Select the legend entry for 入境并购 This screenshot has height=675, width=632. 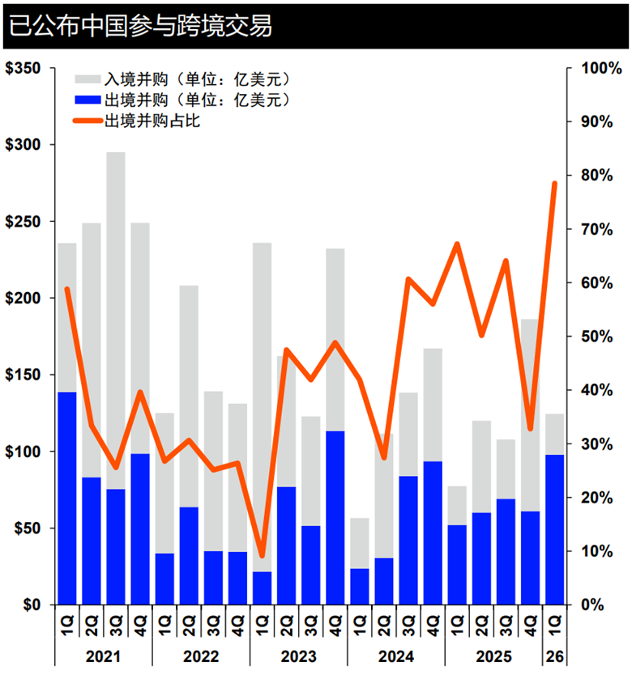click(190, 79)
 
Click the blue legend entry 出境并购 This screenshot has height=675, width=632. click(190, 100)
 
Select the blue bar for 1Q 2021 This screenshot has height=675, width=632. click(67, 498)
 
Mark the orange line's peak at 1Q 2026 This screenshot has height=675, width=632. click(555, 184)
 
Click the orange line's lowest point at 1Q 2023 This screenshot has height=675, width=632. click(262, 556)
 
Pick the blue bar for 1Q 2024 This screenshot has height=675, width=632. click(360, 587)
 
